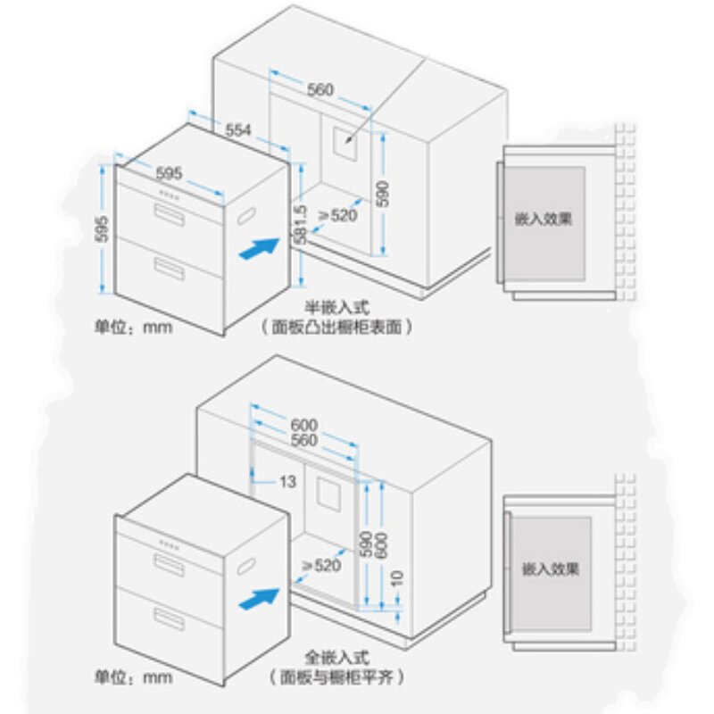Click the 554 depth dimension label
pos(238,130)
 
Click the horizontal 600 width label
pos(303,424)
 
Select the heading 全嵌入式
pos(331,653)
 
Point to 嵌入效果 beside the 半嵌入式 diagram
pos(543,218)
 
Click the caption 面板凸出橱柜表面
pos(336,328)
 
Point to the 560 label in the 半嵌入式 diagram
pos(319,90)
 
